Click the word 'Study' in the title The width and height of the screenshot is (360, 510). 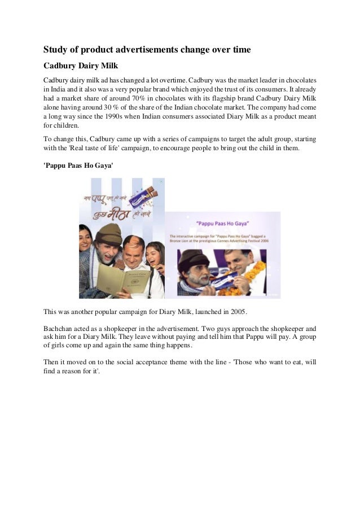[x=57, y=50]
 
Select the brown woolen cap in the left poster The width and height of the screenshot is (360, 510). [x=107, y=232]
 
